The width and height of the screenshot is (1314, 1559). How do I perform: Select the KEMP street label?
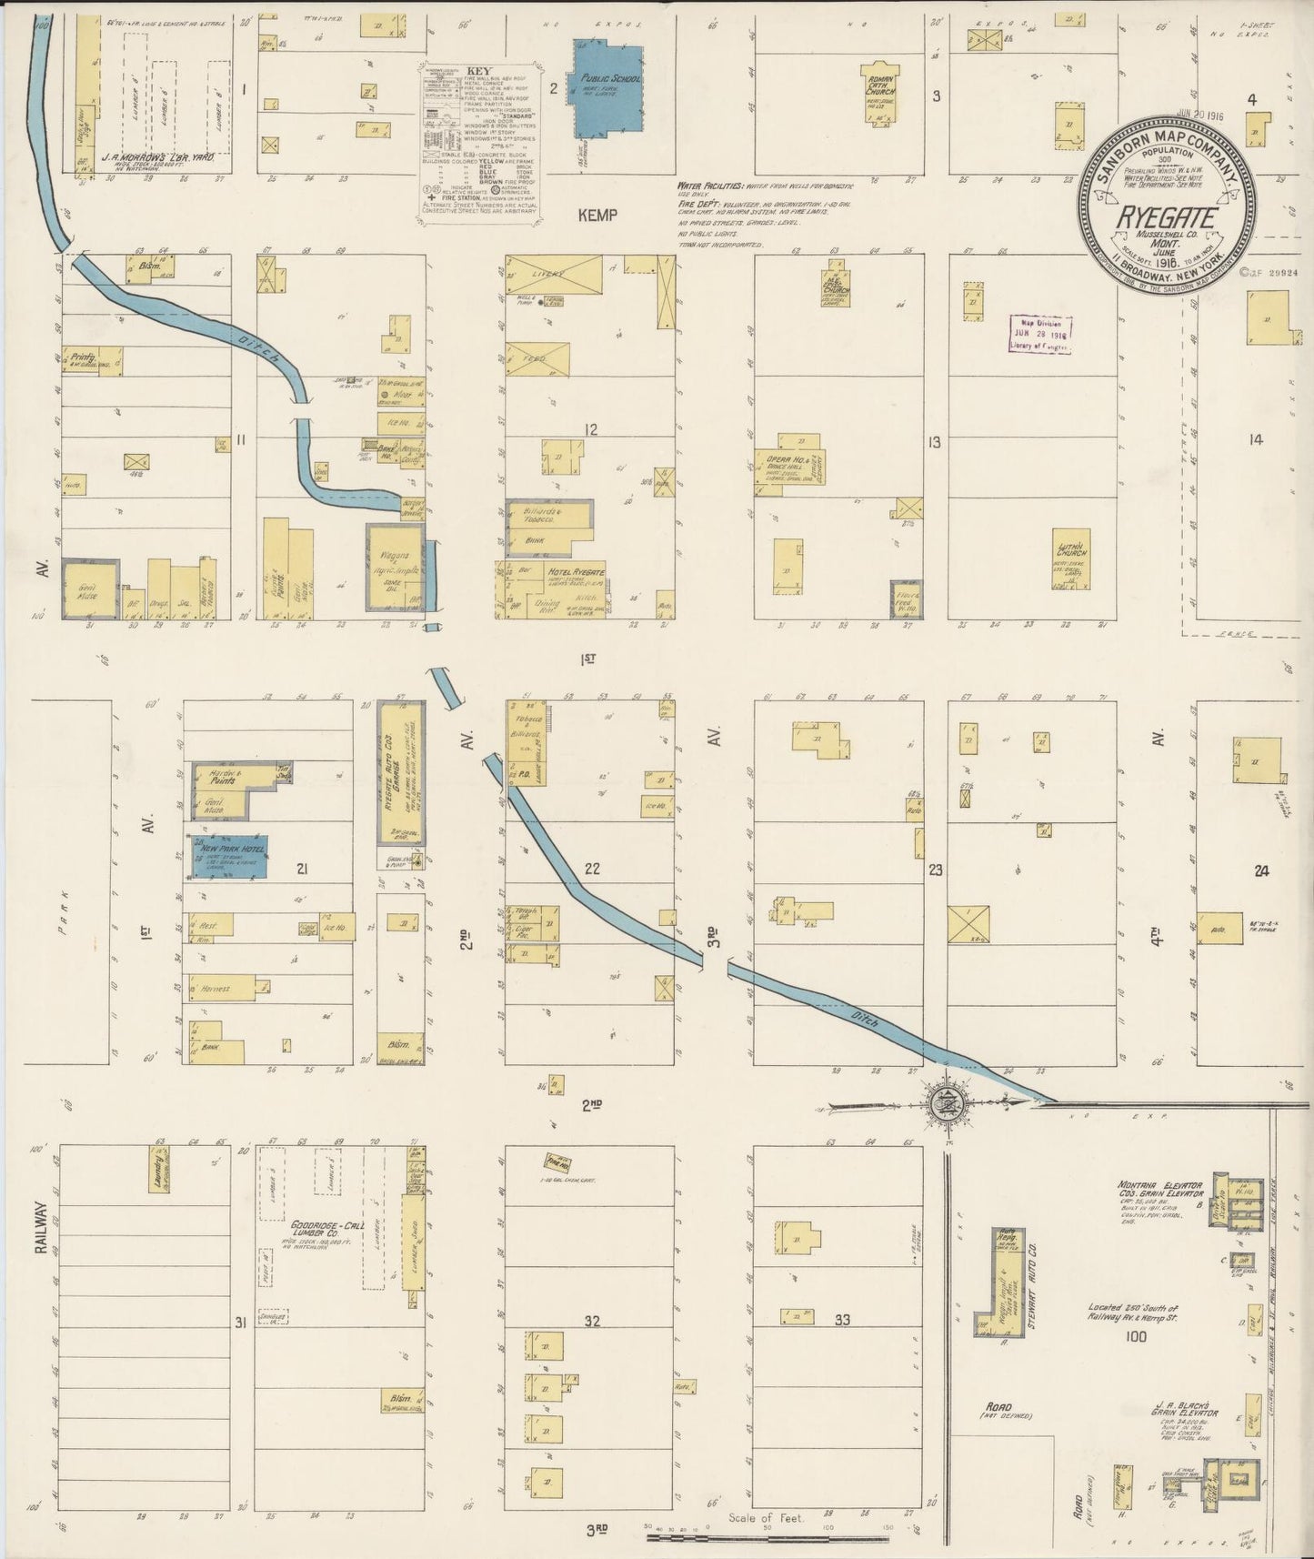coord(597,215)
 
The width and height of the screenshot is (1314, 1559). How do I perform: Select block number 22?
coord(592,869)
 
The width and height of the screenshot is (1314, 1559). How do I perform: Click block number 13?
coord(933,443)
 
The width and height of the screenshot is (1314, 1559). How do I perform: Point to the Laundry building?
coord(159,1170)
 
